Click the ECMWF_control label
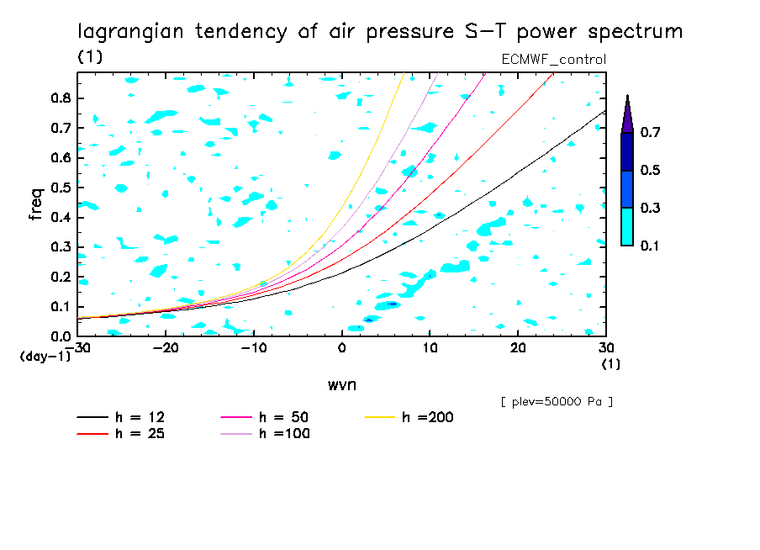click(553, 59)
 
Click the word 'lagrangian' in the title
click(127, 32)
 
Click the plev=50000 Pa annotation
click(556, 402)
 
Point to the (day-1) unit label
click(45, 357)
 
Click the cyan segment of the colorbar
click(626, 226)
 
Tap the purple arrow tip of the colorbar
click(626, 114)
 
